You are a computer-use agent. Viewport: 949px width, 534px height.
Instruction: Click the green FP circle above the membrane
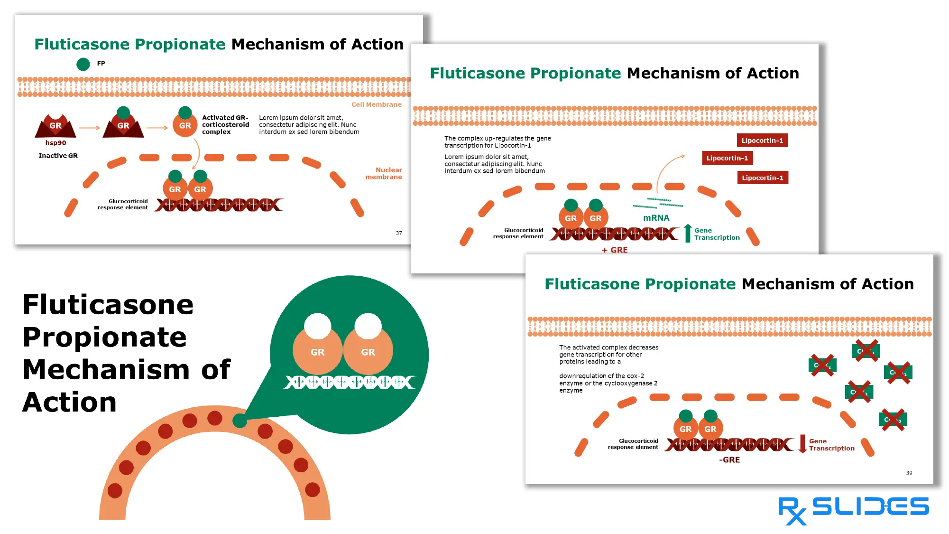83,64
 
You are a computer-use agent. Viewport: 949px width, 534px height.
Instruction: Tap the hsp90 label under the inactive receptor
55,143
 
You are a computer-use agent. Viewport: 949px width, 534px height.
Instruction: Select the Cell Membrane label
376,104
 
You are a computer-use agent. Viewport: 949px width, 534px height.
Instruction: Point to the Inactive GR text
58,156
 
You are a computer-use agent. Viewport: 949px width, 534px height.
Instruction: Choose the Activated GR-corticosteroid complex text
225,124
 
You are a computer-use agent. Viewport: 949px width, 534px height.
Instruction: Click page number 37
399,233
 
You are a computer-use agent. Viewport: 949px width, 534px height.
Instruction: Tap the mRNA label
656,218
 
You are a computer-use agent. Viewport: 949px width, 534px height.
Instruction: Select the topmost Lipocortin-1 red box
762,141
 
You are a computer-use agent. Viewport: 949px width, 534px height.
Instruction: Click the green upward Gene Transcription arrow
688,233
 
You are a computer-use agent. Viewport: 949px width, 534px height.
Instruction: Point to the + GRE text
615,250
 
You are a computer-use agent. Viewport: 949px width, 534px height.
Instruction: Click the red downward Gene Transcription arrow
802,444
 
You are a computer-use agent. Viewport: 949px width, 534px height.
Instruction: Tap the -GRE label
729,460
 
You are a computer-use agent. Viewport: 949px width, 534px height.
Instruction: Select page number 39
909,473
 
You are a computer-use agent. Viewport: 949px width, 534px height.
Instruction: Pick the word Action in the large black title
70,403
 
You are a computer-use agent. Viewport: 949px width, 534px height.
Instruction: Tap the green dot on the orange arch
240,420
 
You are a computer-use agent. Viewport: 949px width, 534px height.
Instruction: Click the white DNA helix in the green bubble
350,382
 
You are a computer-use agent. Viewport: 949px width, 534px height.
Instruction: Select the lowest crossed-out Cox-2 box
893,420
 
